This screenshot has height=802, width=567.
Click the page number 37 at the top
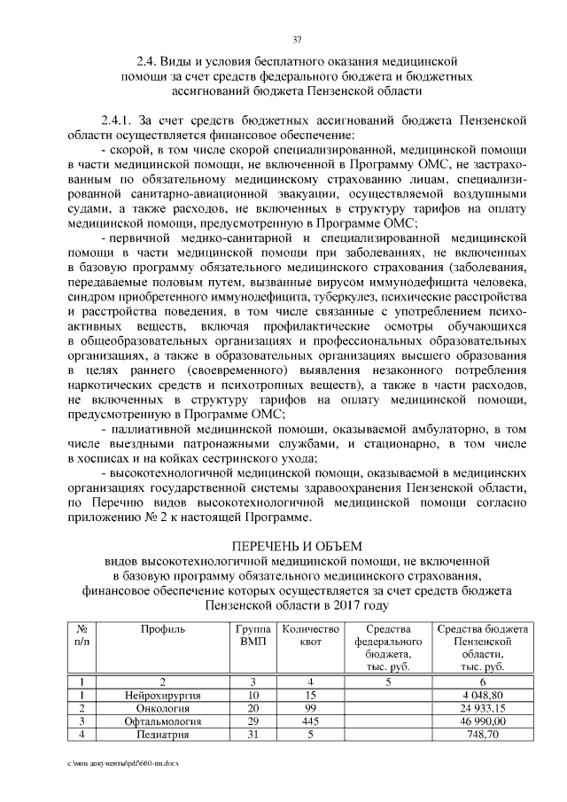(x=297, y=38)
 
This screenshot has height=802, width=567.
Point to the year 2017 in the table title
(x=348, y=604)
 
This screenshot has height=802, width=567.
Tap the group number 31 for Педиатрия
(x=252, y=736)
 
